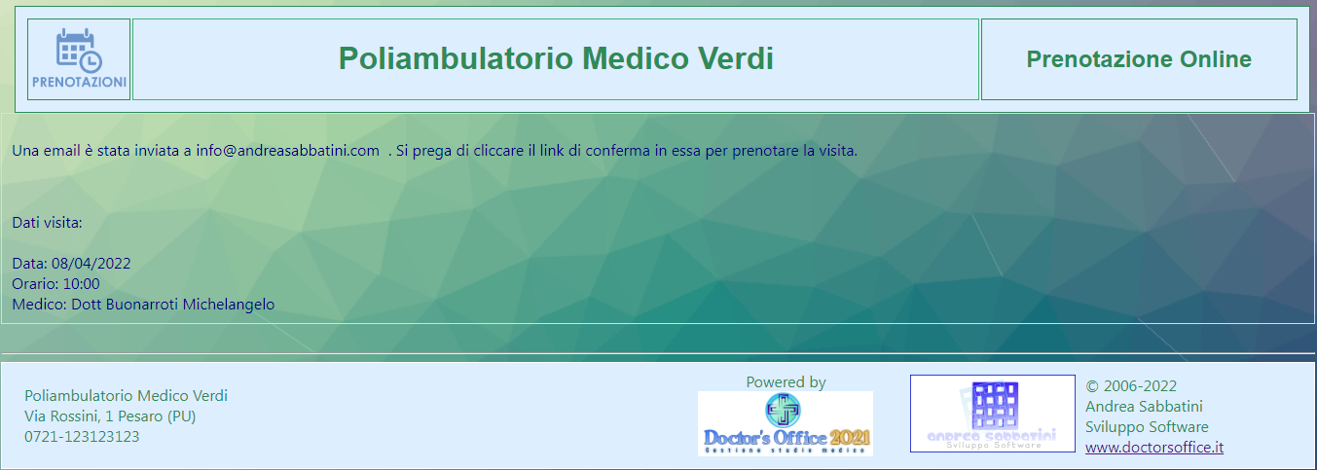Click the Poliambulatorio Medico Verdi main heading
[556, 58]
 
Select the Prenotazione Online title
[1139, 59]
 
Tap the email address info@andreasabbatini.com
[287, 151]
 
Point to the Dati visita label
[47, 223]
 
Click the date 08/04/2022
[91, 263]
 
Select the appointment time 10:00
[81, 284]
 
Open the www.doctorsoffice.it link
[1154, 448]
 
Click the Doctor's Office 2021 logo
[786, 423]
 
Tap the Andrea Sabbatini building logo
[993, 414]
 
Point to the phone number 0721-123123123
[82, 437]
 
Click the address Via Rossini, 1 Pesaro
[110, 416]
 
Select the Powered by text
[787, 382]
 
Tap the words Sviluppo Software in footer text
[1147, 427]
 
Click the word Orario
[35, 284]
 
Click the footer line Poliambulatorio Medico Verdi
[126, 395]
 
